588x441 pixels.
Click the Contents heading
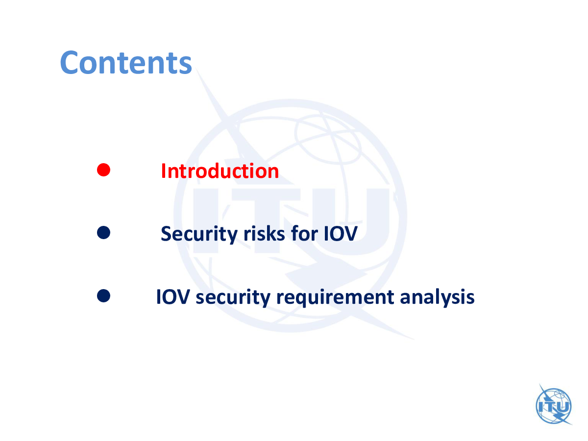pyautogui.click(x=125, y=62)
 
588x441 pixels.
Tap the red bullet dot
pyautogui.click(x=103, y=170)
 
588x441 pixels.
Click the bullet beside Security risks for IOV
pyautogui.click(x=103, y=232)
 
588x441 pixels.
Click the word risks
pyautogui.click(x=264, y=234)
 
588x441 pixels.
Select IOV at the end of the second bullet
pyautogui.click(x=340, y=234)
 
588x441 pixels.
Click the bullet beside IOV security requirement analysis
pyautogui.click(x=103, y=295)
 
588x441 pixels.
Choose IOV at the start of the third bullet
pyautogui.click(x=173, y=296)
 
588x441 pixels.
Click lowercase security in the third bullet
pyautogui.click(x=233, y=297)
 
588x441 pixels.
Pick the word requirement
pyautogui.click(x=335, y=297)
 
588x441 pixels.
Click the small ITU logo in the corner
pyautogui.click(x=554, y=404)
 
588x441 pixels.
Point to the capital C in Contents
pyautogui.click(x=69, y=62)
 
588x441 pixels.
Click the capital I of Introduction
pyautogui.click(x=163, y=171)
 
